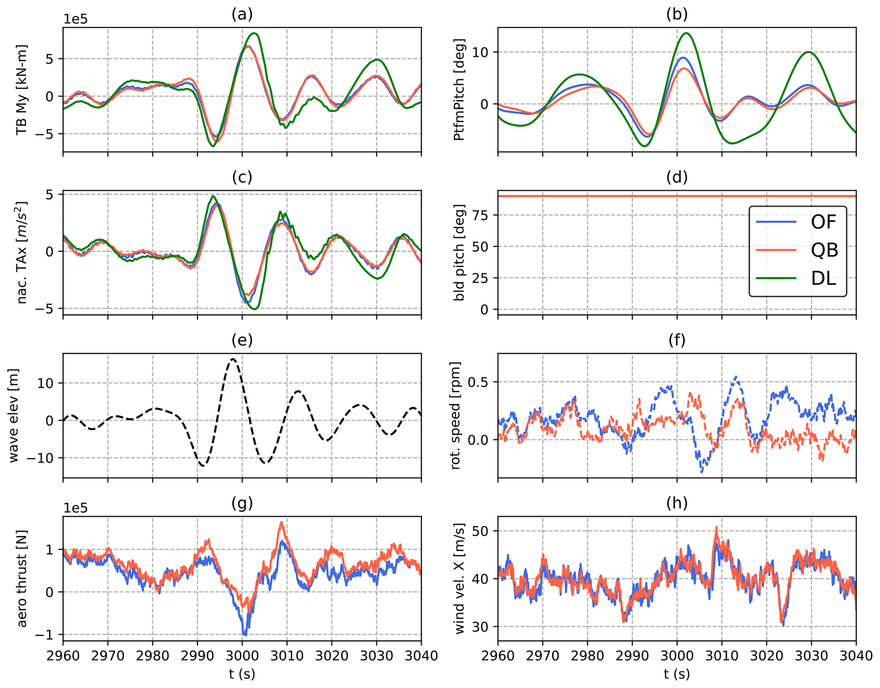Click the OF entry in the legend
click(x=824, y=222)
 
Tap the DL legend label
click(x=824, y=279)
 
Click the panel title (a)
click(x=242, y=14)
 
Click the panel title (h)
click(x=677, y=503)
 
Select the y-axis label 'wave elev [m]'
click(x=14, y=416)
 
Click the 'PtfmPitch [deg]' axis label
click(x=459, y=90)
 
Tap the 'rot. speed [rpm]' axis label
click(x=455, y=416)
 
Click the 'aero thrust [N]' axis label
click(x=22, y=579)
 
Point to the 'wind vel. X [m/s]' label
click(x=459, y=579)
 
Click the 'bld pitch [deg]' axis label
click(x=459, y=253)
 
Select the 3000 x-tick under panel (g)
click(x=242, y=656)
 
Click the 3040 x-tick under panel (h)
click(x=856, y=656)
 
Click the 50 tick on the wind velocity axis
click(x=481, y=531)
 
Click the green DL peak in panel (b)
click(x=686, y=33)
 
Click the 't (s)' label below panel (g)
click(x=242, y=674)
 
